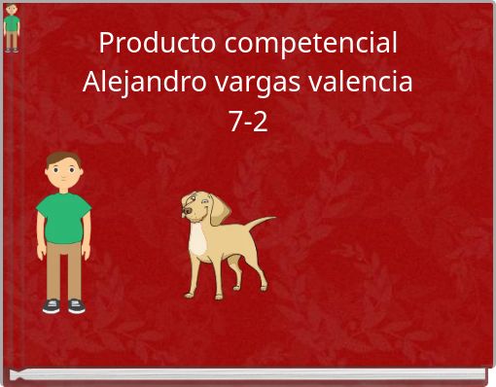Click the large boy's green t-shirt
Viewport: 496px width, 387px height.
tap(64, 217)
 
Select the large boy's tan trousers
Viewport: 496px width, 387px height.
tap(64, 267)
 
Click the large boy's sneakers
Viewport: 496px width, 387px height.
tap(64, 305)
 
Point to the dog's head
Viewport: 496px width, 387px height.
tap(199, 208)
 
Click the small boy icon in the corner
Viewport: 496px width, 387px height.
tap(11, 28)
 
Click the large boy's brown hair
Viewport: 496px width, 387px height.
tap(64, 158)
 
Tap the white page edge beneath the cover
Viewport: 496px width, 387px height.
tap(248, 374)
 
